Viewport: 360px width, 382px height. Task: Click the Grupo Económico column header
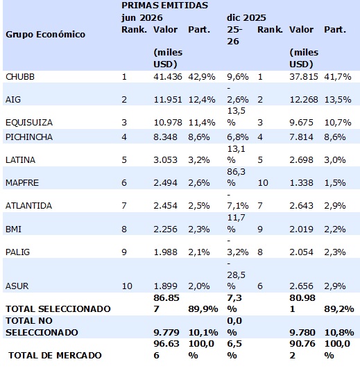click(x=45, y=35)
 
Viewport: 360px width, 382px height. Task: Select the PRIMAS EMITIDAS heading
click(x=164, y=6)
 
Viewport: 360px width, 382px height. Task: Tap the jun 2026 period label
click(x=142, y=18)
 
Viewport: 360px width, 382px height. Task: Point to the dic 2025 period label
click(x=246, y=18)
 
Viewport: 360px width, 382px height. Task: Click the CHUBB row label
click(x=20, y=77)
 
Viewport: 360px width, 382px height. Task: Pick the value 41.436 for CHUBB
click(x=168, y=77)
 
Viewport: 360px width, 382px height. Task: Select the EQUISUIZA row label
click(x=29, y=122)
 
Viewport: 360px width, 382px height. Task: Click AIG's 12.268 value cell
click(x=304, y=99)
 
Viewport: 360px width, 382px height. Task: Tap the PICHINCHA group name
click(x=29, y=137)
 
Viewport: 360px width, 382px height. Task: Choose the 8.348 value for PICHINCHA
click(x=165, y=137)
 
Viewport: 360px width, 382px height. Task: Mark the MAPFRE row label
click(x=22, y=183)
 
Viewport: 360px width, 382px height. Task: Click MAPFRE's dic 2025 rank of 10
click(x=263, y=183)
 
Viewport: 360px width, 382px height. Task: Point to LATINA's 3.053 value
click(x=165, y=160)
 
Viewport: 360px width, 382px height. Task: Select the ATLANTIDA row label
click(x=28, y=206)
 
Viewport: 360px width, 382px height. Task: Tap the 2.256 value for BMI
click(x=165, y=229)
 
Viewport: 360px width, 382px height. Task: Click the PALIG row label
click(x=17, y=252)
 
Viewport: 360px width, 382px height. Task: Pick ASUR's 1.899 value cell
click(x=165, y=286)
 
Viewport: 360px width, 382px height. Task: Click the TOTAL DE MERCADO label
click(x=55, y=355)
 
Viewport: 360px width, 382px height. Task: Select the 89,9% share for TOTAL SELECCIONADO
click(x=203, y=309)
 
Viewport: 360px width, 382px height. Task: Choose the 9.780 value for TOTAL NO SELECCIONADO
click(x=302, y=332)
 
